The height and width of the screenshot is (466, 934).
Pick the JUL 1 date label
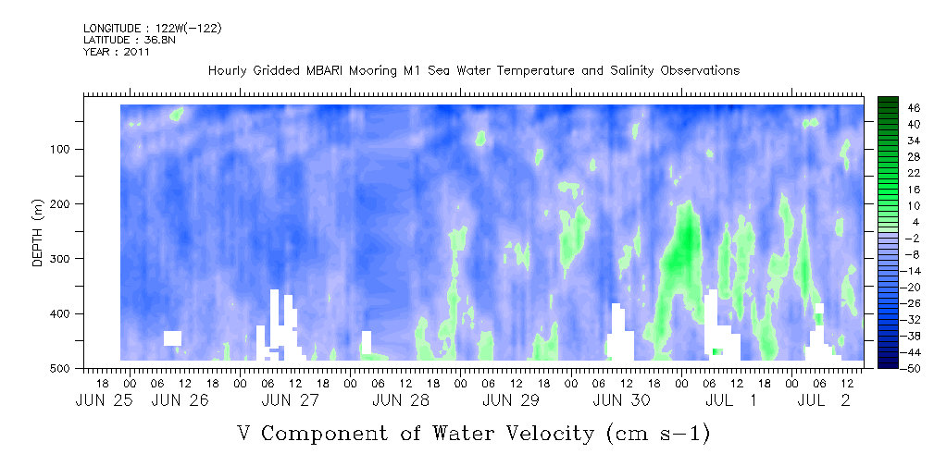pyautogui.click(x=731, y=400)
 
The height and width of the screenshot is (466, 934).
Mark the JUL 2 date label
pyautogui.click(x=827, y=400)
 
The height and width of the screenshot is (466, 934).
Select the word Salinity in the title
pyautogui.click(x=622, y=71)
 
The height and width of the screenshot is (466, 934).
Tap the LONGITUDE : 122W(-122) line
pyautogui.click(x=153, y=28)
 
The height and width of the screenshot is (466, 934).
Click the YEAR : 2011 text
pyautogui.click(x=116, y=52)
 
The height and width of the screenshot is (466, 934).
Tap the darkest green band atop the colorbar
pyautogui.click(x=889, y=99)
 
